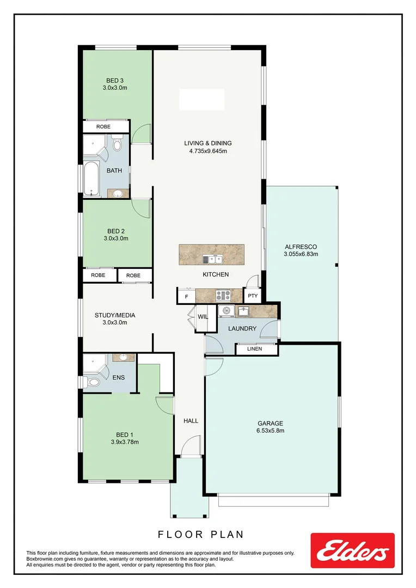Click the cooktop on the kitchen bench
[x=223, y=296]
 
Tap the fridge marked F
[x=186, y=297]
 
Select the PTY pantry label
[x=253, y=296]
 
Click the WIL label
[x=203, y=316]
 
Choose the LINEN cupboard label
[x=254, y=348]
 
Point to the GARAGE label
[x=270, y=423]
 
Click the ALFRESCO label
[x=301, y=247]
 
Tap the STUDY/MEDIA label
[x=114, y=315]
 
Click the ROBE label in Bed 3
[x=103, y=126]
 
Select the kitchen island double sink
[x=212, y=259]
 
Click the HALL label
[x=191, y=420]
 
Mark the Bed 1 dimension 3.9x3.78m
[x=124, y=442]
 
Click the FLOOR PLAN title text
[x=200, y=535]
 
